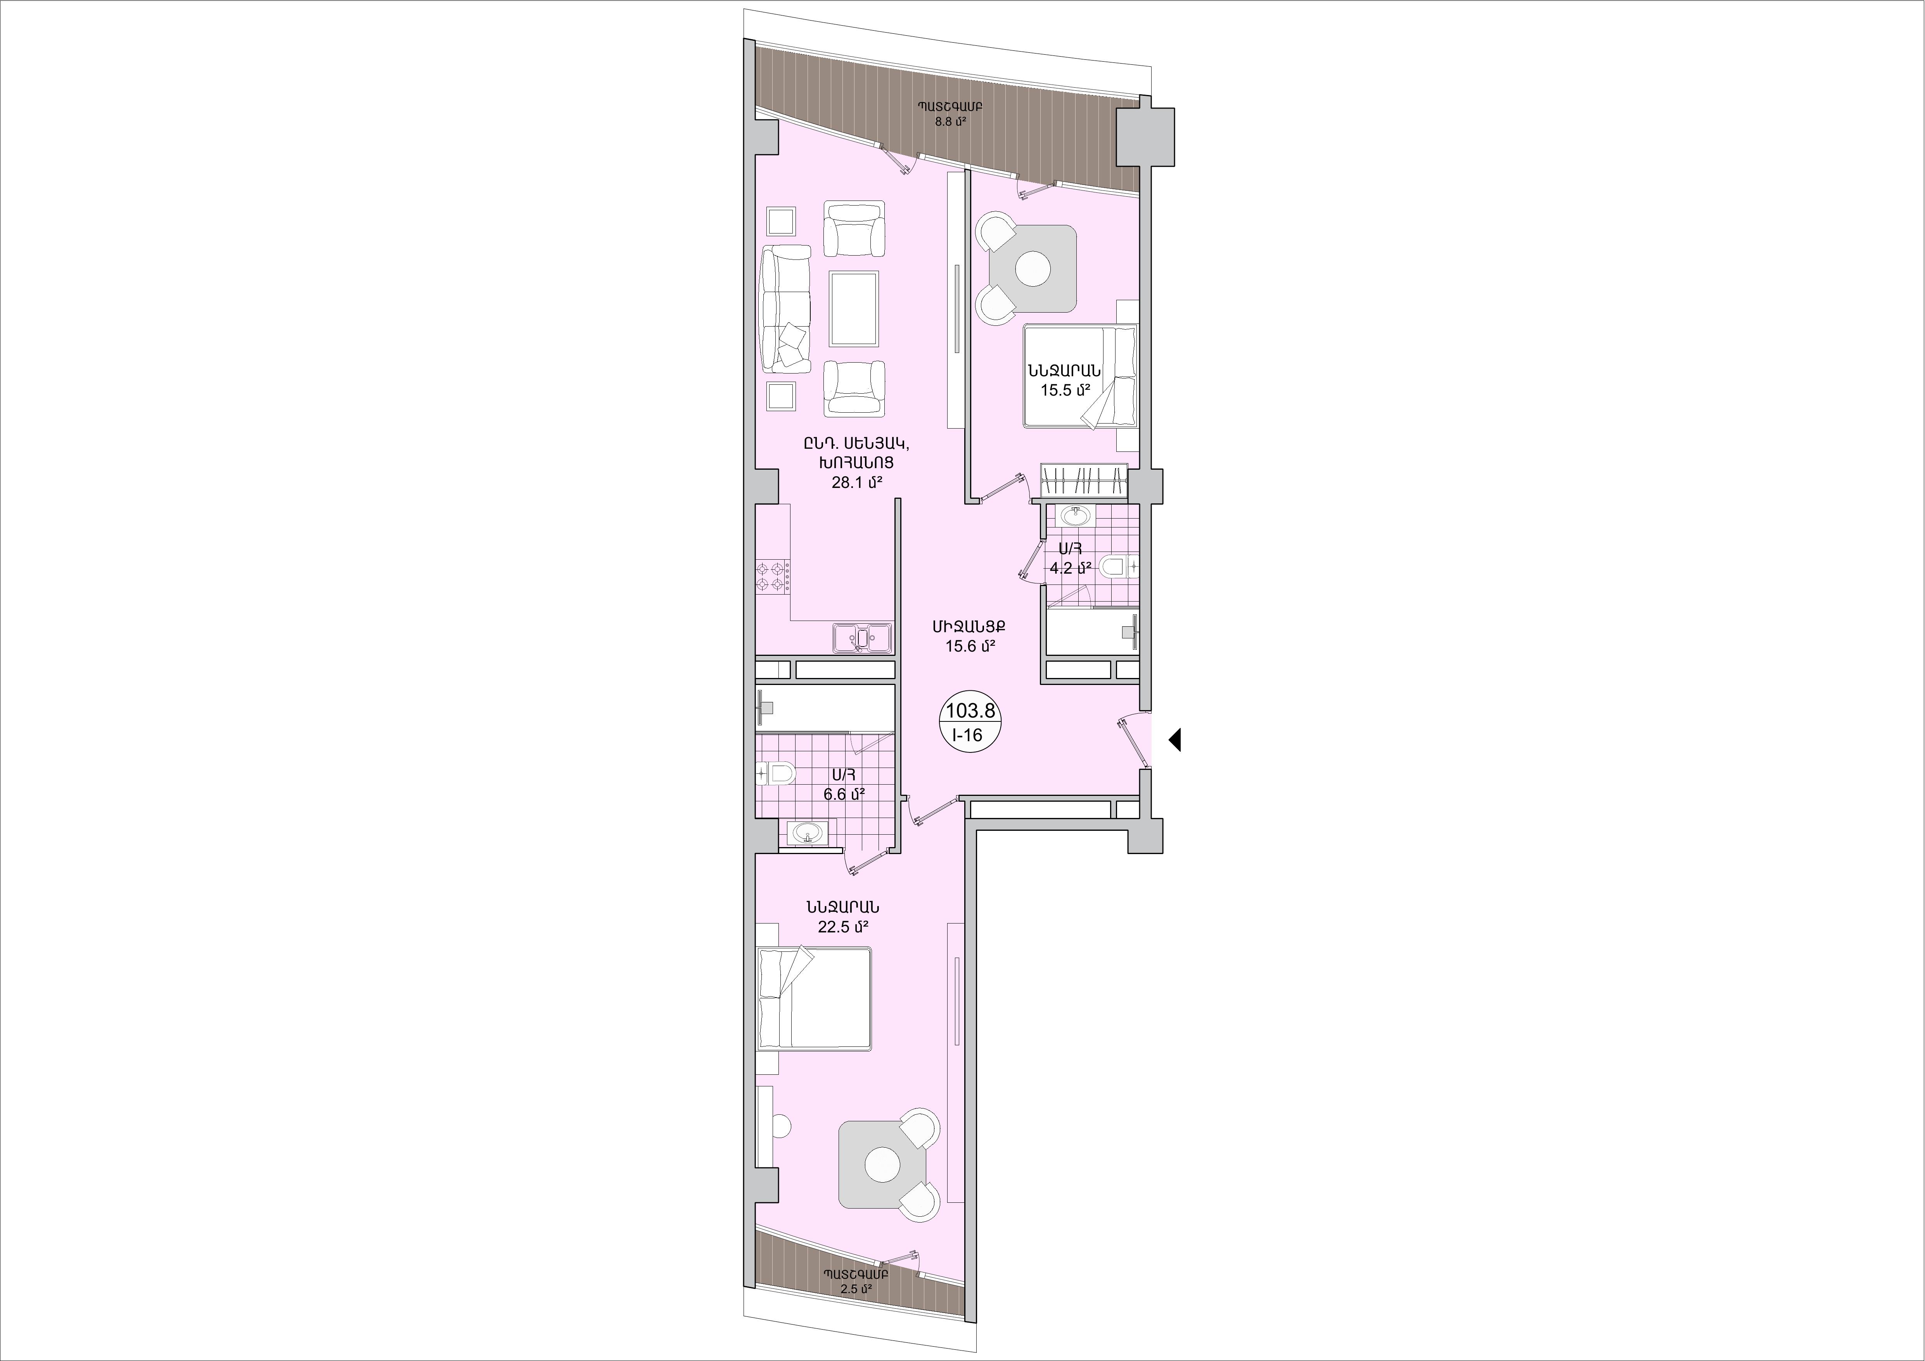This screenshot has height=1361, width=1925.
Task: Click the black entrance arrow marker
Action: coord(1174,740)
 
